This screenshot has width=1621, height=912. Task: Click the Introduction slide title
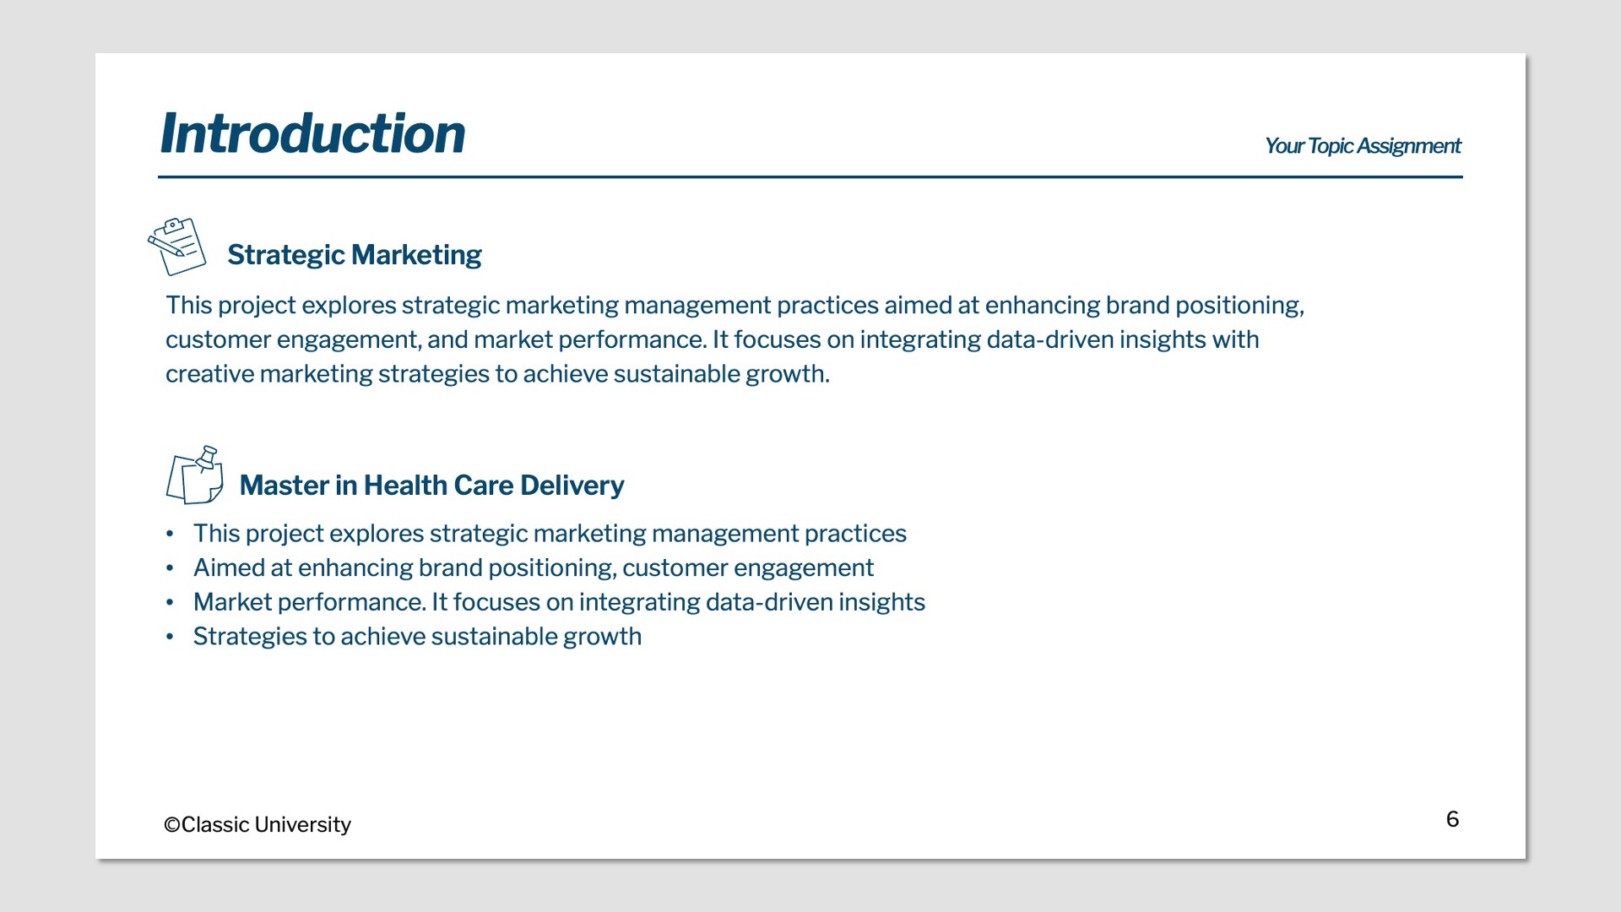[x=312, y=133]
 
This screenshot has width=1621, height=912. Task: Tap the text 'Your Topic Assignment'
[x=1363, y=146]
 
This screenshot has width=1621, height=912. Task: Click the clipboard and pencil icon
[x=176, y=246]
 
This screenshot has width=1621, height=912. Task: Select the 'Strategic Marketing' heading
[x=355, y=254]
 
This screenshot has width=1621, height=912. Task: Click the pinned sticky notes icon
[x=195, y=475]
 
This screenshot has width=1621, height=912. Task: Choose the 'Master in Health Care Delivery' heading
[x=431, y=485]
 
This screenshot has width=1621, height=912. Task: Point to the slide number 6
[x=1452, y=819]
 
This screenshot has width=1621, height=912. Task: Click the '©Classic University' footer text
[x=258, y=824]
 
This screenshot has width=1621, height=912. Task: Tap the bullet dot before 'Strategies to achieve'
[x=170, y=637]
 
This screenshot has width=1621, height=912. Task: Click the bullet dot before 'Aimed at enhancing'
[x=170, y=568]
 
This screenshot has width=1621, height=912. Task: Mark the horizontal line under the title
[x=810, y=177]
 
